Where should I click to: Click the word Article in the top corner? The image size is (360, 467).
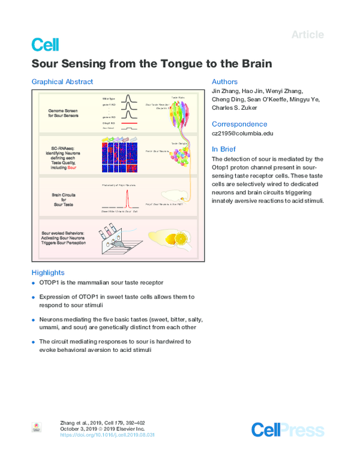pos(307,35)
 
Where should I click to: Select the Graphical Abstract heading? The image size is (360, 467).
pos(62,82)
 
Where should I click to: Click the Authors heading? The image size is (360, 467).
pos(225,82)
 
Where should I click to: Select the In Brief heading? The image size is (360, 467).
pos(224,149)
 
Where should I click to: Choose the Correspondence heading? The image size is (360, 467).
pos(239,124)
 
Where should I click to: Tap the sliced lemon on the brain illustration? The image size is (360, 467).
pos(180,238)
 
